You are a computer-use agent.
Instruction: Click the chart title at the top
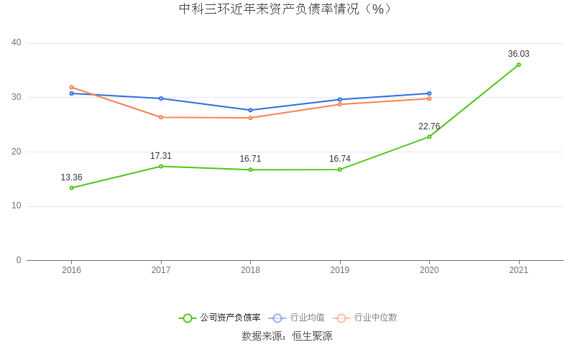pyautogui.click(x=287, y=9)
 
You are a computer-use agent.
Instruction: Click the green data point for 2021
pyautogui.click(x=518, y=65)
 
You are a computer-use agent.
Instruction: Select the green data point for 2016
pyautogui.click(x=71, y=188)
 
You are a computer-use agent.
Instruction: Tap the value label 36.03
pyautogui.click(x=518, y=54)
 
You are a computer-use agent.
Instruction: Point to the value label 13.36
pyautogui.click(x=71, y=177)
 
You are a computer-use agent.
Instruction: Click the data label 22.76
pyautogui.click(x=429, y=126)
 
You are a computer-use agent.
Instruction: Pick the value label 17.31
pyautogui.click(x=161, y=156)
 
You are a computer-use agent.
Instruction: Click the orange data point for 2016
pyautogui.click(x=71, y=87)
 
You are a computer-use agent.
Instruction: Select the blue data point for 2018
pyautogui.click(x=250, y=110)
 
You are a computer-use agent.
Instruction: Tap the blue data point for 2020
pyautogui.click(x=429, y=93)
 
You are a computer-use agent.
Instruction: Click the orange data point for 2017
pyautogui.click(x=161, y=117)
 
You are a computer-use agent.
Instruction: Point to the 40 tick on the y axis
pyautogui.click(x=17, y=43)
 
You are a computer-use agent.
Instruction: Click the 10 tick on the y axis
pyautogui.click(x=17, y=206)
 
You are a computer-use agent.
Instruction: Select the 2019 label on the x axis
pyautogui.click(x=340, y=270)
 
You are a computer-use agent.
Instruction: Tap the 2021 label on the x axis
pyautogui.click(x=518, y=270)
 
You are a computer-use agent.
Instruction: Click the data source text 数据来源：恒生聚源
pyautogui.click(x=287, y=336)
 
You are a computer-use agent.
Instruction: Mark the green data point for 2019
pyautogui.click(x=340, y=170)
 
